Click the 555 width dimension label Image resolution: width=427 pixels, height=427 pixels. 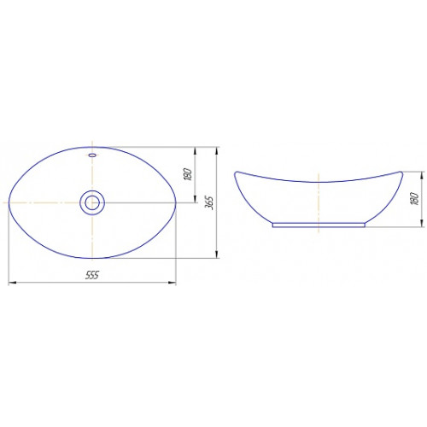coord(92,275)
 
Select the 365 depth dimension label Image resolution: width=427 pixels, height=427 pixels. coord(209,202)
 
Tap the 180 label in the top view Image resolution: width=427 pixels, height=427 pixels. coord(188,174)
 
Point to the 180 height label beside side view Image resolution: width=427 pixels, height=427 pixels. coord(414,199)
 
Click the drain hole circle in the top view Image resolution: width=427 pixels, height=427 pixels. coord(92,202)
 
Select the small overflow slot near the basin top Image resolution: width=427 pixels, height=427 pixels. coord(92,155)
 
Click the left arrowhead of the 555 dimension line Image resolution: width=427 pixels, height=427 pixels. coord(12,283)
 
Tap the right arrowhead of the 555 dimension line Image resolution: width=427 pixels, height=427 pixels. coord(173,283)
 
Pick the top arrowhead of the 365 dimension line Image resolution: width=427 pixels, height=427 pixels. coord(217,150)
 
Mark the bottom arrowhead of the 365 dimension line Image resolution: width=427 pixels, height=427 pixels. coord(217,254)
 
